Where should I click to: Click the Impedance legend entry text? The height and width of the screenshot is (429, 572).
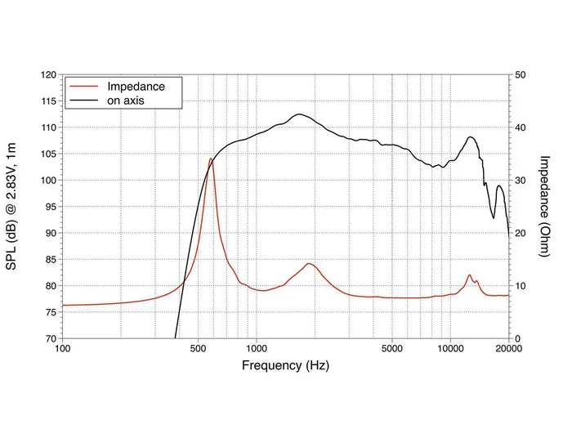coord(136,86)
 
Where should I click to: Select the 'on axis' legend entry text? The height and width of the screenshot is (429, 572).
coord(127,101)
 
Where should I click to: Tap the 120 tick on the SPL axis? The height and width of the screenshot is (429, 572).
coord(47,75)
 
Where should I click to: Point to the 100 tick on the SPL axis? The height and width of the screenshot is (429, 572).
coord(47,181)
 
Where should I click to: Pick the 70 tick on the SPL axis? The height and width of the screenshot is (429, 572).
coord(50,338)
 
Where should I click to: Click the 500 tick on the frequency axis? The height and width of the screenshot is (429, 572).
coord(198,349)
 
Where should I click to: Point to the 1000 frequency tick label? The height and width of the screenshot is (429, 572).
coord(256,349)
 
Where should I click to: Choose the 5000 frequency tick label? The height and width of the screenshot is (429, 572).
coord(391,349)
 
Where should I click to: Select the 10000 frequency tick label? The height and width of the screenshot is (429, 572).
coord(450,349)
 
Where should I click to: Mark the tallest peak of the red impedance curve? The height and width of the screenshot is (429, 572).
coord(211,159)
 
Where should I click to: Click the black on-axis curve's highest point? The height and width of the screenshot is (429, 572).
coord(299,114)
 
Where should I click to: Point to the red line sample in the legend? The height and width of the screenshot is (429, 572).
coord(84,86)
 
